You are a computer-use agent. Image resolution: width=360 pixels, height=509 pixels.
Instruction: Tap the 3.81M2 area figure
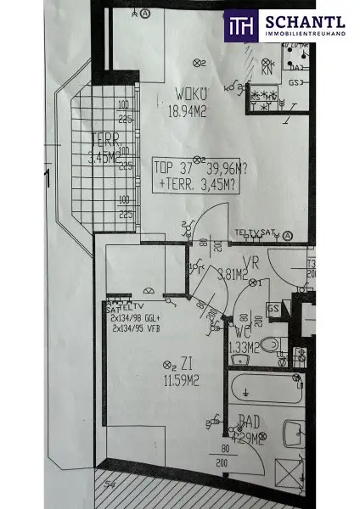click(x=232, y=274)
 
